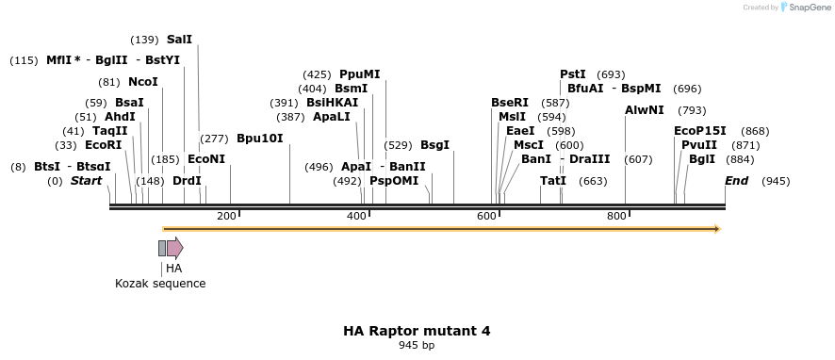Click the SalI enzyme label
pyautogui.click(x=179, y=40)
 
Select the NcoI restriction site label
pyautogui.click(x=143, y=82)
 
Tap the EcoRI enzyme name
pyautogui.click(x=104, y=145)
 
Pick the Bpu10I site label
pyautogui.click(x=259, y=138)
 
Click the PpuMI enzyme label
pyautogui.click(x=360, y=74)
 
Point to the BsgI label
pyautogui.click(x=434, y=145)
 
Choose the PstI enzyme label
pyautogui.click(x=573, y=74)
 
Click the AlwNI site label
pyautogui.click(x=645, y=110)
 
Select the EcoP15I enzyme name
pyautogui.click(x=700, y=131)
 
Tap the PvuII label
pyautogui.click(x=699, y=145)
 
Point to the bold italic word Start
pyautogui.click(x=86, y=180)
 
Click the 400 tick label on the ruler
pyautogui.click(x=356, y=217)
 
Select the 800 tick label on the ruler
pyautogui.click(x=616, y=217)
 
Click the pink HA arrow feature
pyautogui.click(x=174, y=248)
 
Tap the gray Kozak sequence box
pyautogui.click(x=162, y=248)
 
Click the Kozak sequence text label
pyautogui.click(x=160, y=284)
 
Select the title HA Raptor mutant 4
pyautogui.click(x=417, y=331)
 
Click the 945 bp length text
pyautogui.click(x=417, y=346)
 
